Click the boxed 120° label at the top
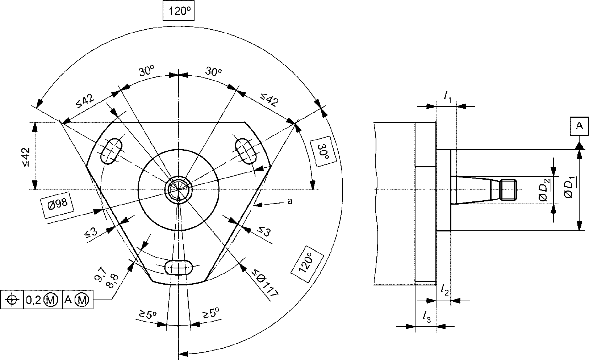click(179, 11)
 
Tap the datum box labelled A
click(579, 126)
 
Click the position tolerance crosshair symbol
click(12, 300)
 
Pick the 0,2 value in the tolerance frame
click(33, 300)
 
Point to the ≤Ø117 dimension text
click(265, 284)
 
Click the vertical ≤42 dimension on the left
click(26, 157)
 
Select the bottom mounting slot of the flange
click(179, 268)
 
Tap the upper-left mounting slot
click(112, 151)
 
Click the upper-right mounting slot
click(246, 152)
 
